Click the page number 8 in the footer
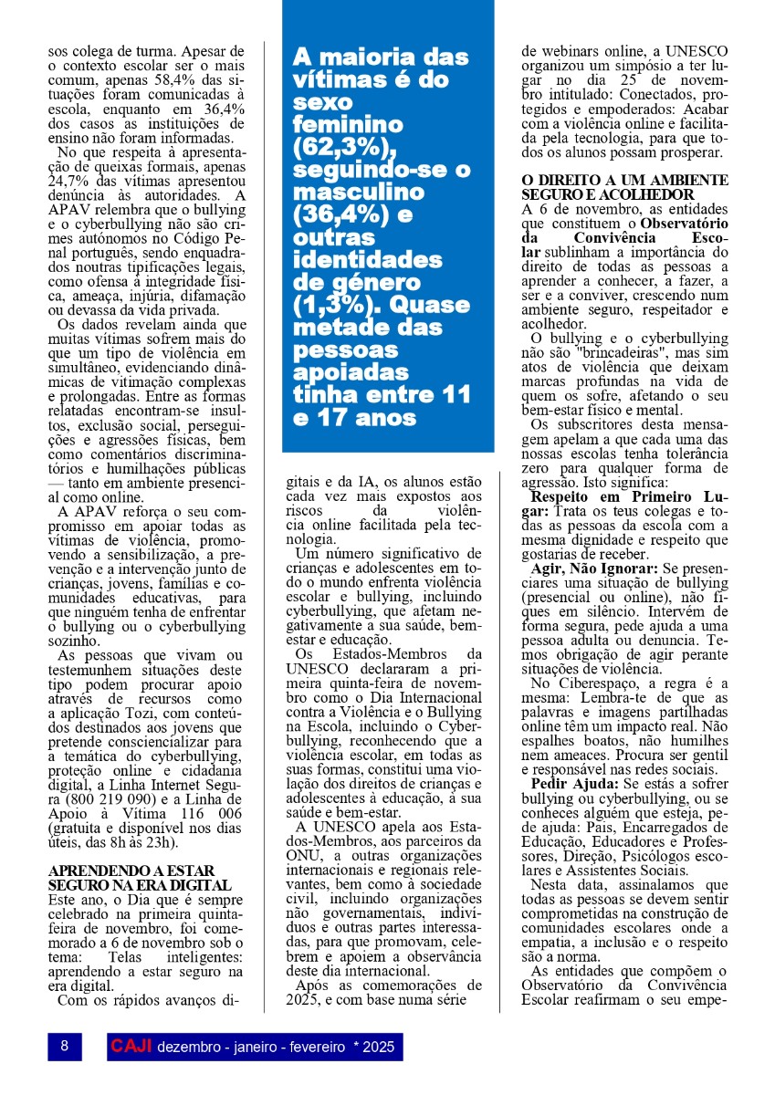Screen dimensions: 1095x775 point(64,1046)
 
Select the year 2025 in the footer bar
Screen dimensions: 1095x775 point(379,1047)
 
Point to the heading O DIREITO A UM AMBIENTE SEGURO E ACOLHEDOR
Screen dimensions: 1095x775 point(624,187)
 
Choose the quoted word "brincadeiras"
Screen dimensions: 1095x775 point(630,350)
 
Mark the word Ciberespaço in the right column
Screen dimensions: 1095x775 point(594,683)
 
